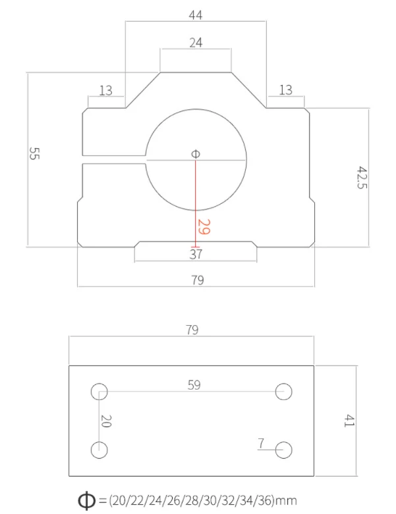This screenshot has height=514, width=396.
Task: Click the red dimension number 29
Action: click(204, 227)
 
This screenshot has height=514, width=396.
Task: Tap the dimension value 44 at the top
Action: click(196, 15)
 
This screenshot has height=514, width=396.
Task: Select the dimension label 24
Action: click(196, 43)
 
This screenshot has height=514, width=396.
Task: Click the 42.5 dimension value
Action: click(362, 177)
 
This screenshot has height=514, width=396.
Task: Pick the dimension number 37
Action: click(196, 254)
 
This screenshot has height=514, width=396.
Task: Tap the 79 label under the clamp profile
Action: click(198, 280)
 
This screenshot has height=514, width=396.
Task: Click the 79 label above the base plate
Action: click(192, 330)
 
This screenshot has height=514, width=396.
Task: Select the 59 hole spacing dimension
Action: click(194, 385)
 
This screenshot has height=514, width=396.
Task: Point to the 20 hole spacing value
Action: click(106, 421)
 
